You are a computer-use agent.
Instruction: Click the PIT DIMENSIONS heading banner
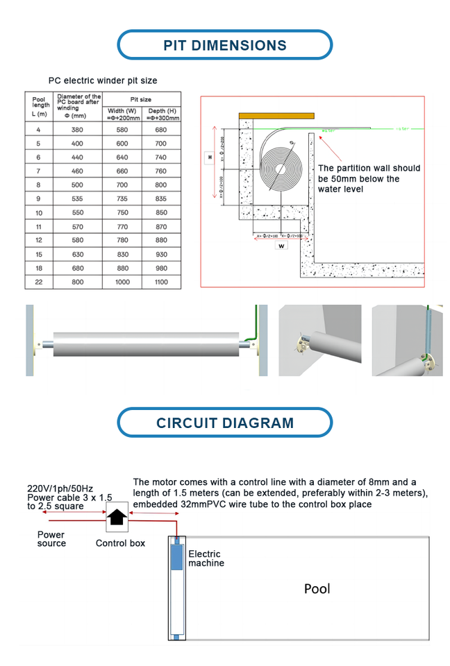[x=224, y=46]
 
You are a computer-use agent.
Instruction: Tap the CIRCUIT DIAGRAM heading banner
[x=224, y=422]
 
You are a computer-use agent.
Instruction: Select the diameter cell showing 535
[x=76, y=198]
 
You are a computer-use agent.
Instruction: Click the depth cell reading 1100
[x=161, y=282]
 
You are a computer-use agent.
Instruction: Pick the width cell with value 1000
[x=122, y=282]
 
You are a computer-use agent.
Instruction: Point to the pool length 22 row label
[x=39, y=282]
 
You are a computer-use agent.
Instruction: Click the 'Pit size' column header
[x=141, y=100]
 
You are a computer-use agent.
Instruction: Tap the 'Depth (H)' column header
[x=161, y=114]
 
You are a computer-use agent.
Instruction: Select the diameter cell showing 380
[x=76, y=130]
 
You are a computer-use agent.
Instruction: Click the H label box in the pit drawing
[x=209, y=157]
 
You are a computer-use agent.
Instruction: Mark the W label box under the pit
[x=281, y=245]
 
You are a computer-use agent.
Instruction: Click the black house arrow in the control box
[x=116, y=517]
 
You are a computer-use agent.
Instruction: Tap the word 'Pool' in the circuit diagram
[x=317, y=589]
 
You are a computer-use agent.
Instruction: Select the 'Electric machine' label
[x=206, y=558]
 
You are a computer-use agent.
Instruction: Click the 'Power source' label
[x=51, y=539]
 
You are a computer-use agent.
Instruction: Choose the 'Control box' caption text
[x=120, y=543]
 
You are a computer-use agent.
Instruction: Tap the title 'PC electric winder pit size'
[x=102, y=81]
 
